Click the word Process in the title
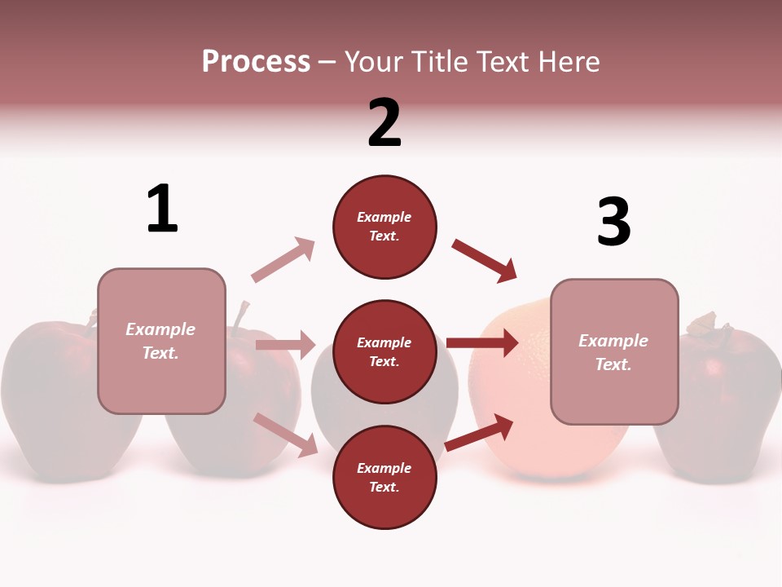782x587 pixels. (x=256, y=62)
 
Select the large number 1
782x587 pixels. (x=162, y=209)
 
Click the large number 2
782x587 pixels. (x=384, y=122)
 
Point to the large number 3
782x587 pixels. (x=613, y=222)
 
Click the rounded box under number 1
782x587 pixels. (x=161, y=341)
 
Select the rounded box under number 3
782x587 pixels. (x=614, y=351)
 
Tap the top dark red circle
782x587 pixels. (x=384, y=227)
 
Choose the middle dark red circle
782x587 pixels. (x=384, y=351)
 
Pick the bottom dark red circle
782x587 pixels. (x=384, y=477)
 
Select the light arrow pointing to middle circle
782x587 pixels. (x=285, y=345)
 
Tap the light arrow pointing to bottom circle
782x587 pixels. (x=286, y=435)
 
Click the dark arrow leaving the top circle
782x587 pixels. (x=485, y=261)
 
